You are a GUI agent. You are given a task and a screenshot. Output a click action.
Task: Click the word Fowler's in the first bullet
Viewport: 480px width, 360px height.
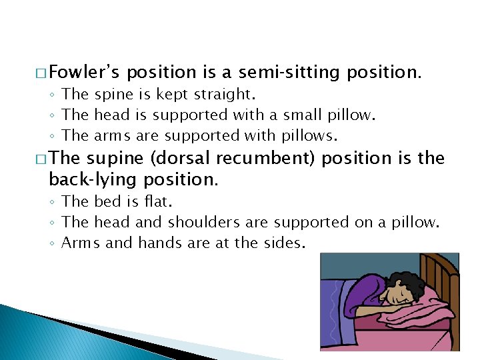click(85, 72)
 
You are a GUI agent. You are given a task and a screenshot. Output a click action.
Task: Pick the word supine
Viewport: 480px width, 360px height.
click(115, 159)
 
